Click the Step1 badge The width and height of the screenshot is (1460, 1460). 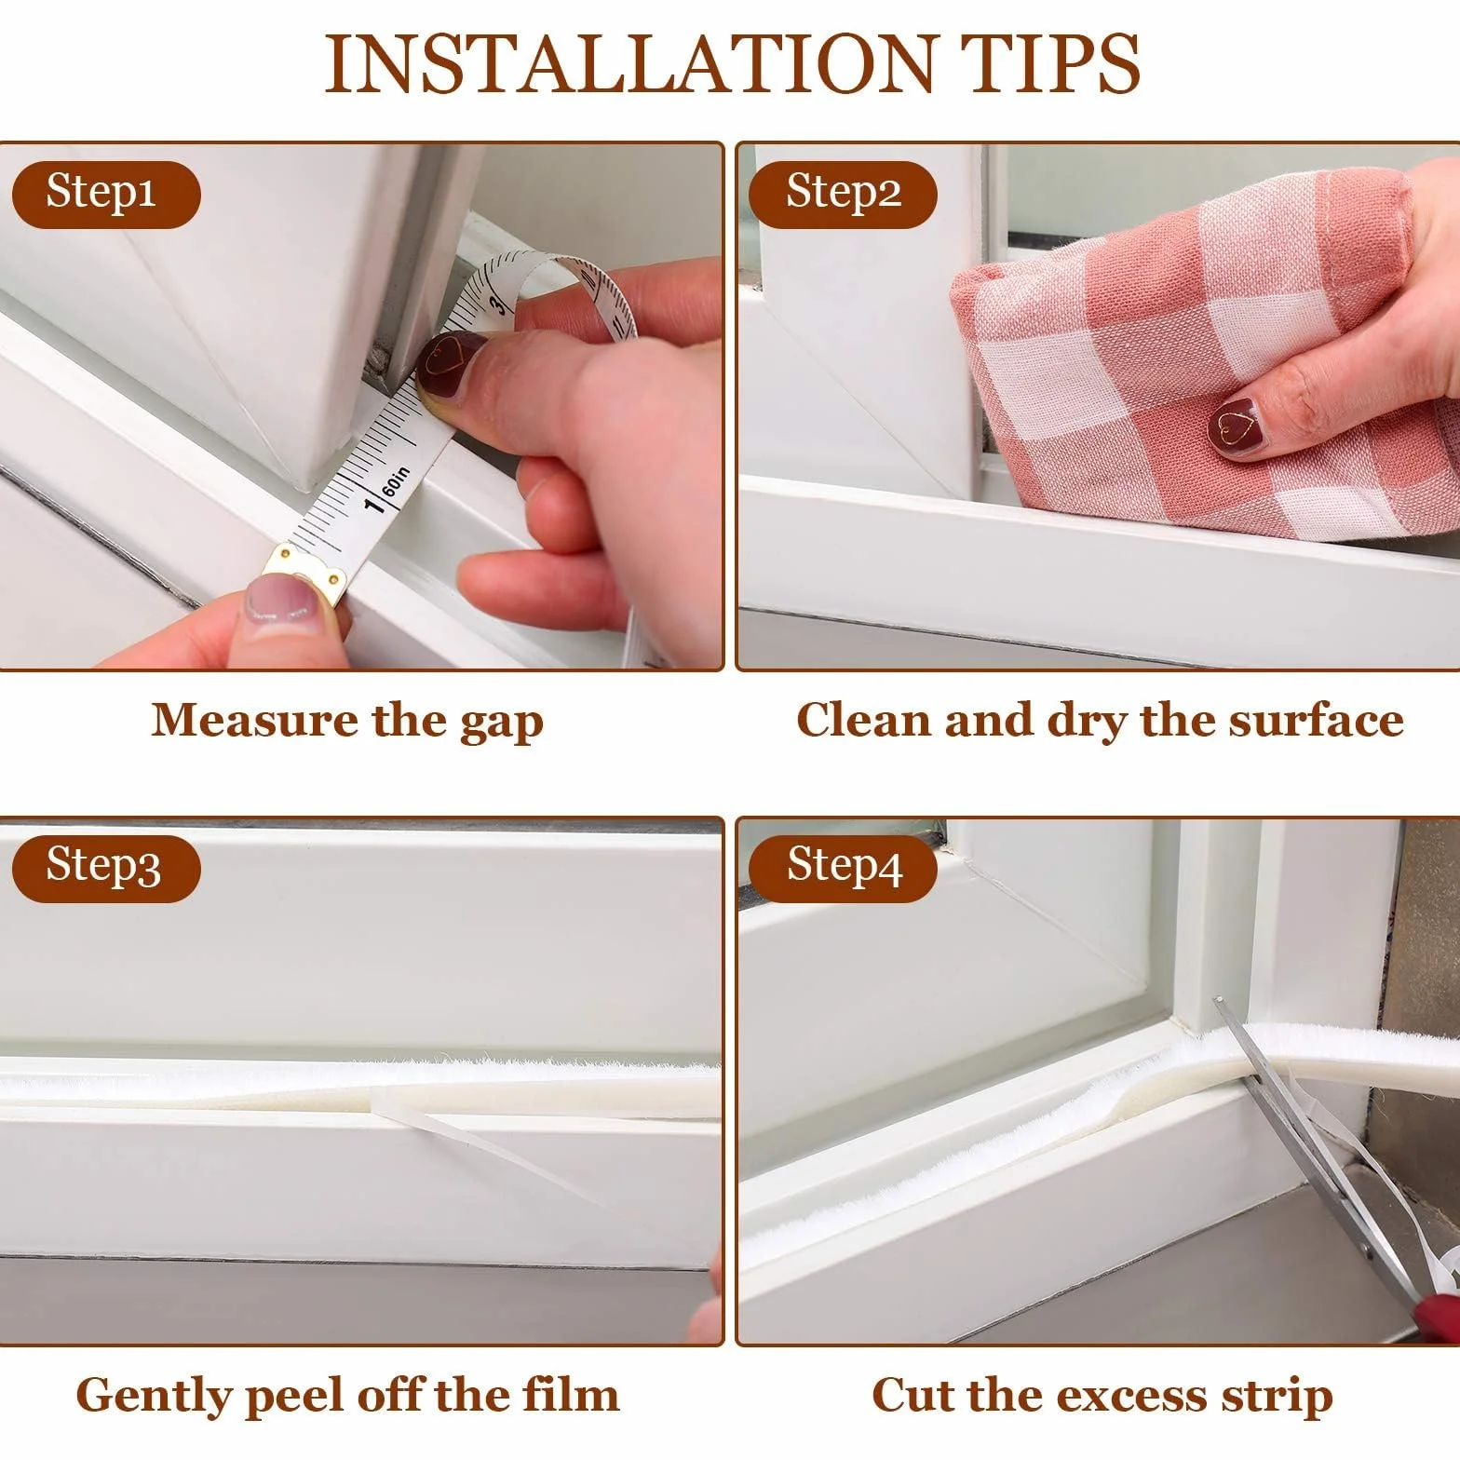(x=105, y=194)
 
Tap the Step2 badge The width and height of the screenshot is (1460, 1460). (x=843, y=194)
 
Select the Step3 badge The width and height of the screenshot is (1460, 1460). (x=105, y=868)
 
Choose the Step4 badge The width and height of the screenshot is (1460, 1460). (x=843, y=868)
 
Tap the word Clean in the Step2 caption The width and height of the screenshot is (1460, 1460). (x=863, y=720)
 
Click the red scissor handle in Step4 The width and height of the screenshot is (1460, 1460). (x=1439, y=1314)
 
